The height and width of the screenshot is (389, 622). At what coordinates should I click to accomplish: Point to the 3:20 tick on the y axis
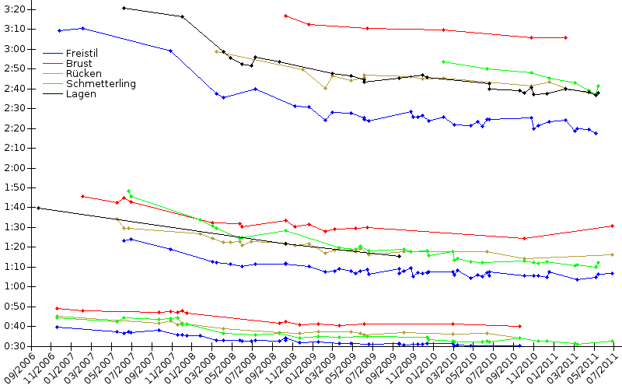click(14, 9)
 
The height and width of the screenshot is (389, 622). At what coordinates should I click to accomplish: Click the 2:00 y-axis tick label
click(14, 168)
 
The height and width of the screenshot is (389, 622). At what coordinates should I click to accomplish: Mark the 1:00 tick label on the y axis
click(14, 287)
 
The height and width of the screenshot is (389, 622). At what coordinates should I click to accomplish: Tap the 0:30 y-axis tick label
click(14, 346)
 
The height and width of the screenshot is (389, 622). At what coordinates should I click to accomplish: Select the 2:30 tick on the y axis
click(14, 108)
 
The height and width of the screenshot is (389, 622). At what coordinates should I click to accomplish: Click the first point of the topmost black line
click(124, 8)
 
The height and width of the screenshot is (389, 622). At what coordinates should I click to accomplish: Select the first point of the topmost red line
click(286, 16)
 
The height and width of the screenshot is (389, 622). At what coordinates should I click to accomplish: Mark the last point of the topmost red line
click(565, 37)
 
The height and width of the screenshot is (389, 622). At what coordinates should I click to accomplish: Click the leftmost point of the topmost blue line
click(59, 30)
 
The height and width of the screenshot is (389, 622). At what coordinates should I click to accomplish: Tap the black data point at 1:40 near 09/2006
click(37, 208)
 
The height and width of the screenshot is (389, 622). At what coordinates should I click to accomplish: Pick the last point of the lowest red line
click(519, 326)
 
